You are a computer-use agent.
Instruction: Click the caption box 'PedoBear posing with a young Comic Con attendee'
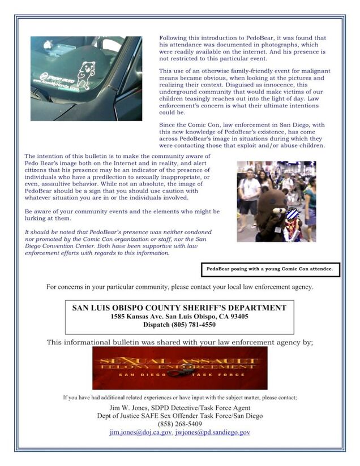coord(269,269)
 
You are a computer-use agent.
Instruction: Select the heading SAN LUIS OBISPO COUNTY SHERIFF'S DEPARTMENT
coord(179,308)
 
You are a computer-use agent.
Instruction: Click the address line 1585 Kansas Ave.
coord(179,316)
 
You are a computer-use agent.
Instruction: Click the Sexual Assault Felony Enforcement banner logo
coord(179,368)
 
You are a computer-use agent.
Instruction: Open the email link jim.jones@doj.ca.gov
coord(139,432)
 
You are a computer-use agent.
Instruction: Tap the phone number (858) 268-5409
coord(179,424)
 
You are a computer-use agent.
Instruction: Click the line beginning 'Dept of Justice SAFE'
coord(179,416)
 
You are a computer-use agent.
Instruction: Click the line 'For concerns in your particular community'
coord(179,287)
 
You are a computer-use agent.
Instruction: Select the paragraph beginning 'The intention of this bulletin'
coord(121,176)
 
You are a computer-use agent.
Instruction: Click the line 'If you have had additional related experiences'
coord(179,398)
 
